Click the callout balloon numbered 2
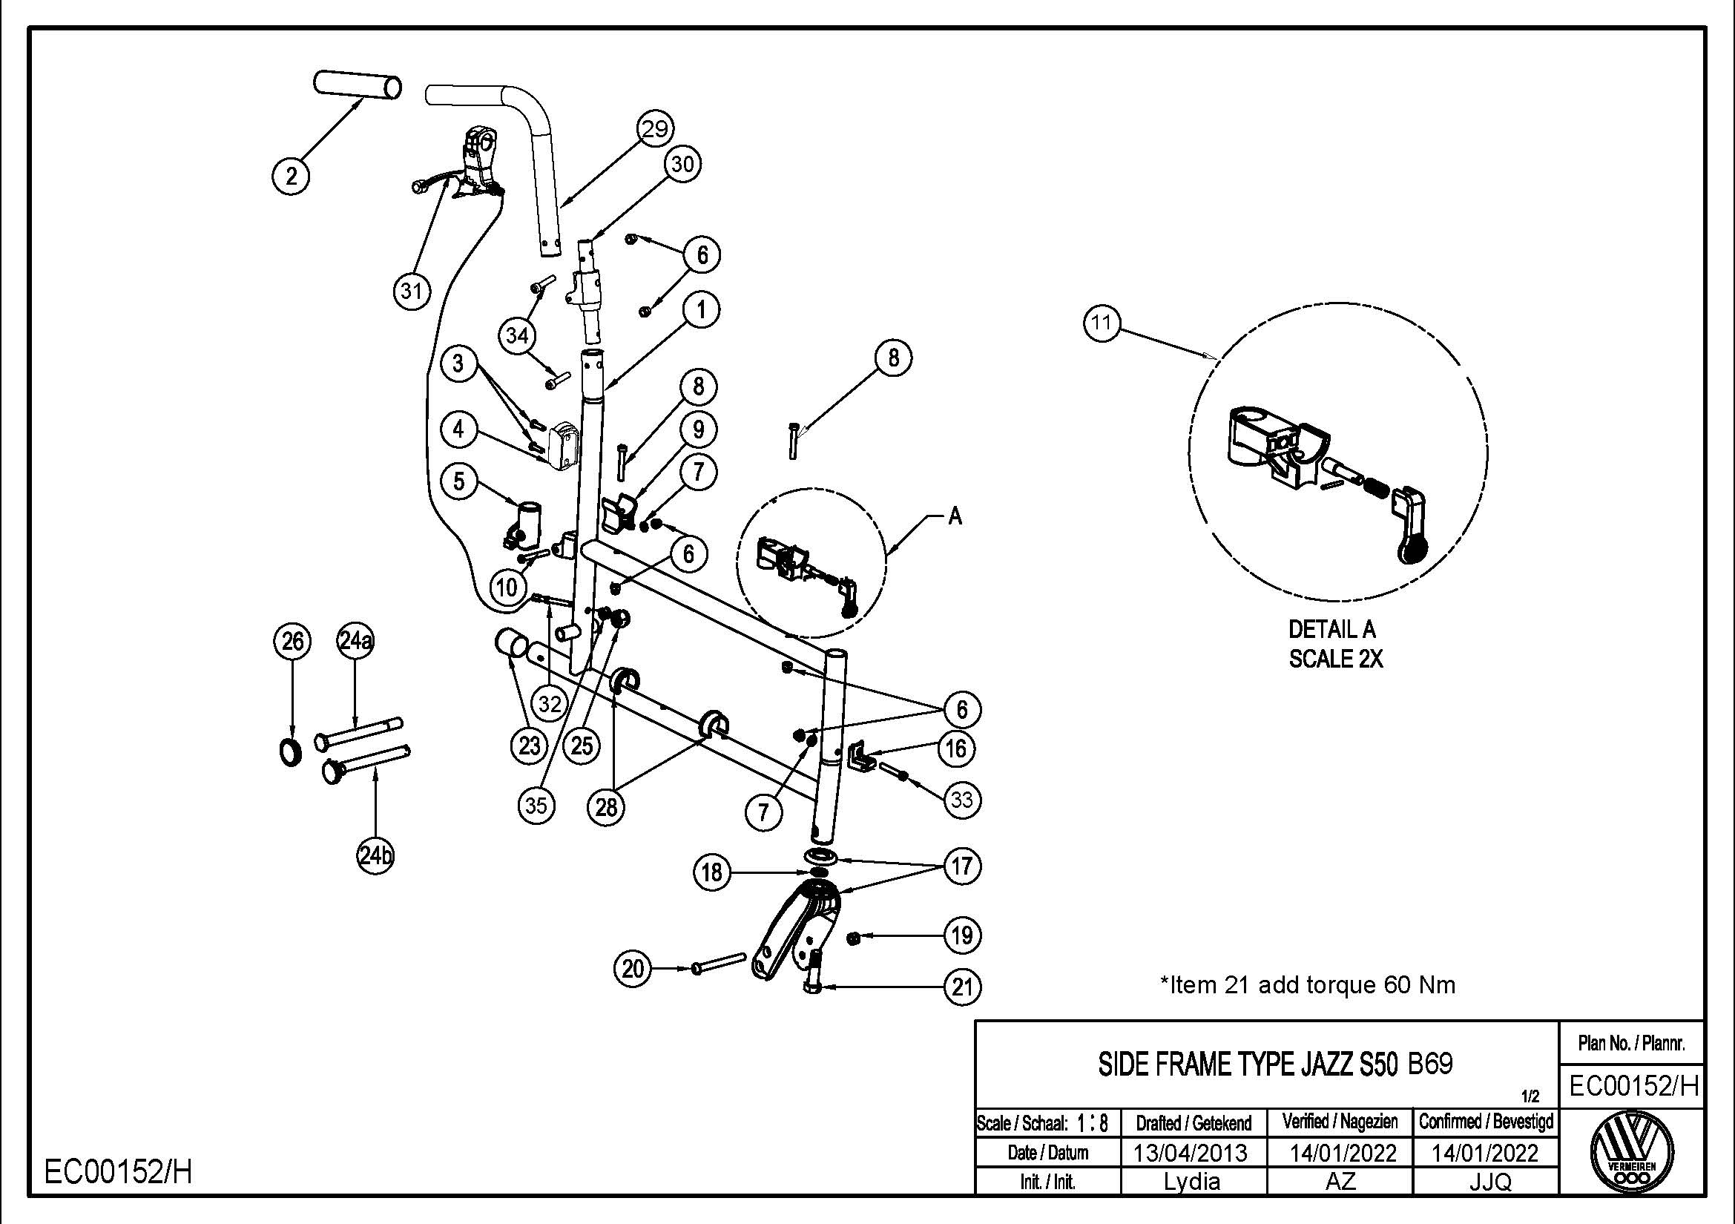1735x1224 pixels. point(292,176)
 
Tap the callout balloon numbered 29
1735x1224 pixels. point(654,128)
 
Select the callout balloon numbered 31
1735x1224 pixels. point(411,290)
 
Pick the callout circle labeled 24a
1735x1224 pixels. point(355,642)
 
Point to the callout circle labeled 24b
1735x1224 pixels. point(375,856)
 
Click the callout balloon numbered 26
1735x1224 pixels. point(292,642)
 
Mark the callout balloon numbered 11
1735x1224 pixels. point(1101,323)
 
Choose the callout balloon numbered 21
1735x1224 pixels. point(962,987)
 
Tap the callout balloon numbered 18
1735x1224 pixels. point(712,873)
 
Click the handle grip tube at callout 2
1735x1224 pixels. point(358,85)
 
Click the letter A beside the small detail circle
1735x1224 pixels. point(955,517)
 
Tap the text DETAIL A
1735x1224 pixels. point(1331,629)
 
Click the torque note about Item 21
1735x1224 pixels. point(1307,985)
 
